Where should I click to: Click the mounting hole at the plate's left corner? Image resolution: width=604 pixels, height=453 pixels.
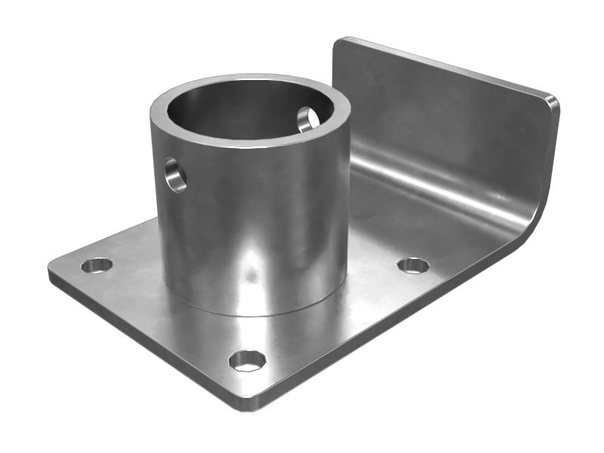click(97, 265)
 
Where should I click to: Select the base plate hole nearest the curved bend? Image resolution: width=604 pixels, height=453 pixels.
click(413, 265)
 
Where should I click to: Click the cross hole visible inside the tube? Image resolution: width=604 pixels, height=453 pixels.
click(308, 119)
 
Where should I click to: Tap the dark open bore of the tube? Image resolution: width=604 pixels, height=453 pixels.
click(242, 113)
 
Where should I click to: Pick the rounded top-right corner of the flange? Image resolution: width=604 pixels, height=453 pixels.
click(553, 102)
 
